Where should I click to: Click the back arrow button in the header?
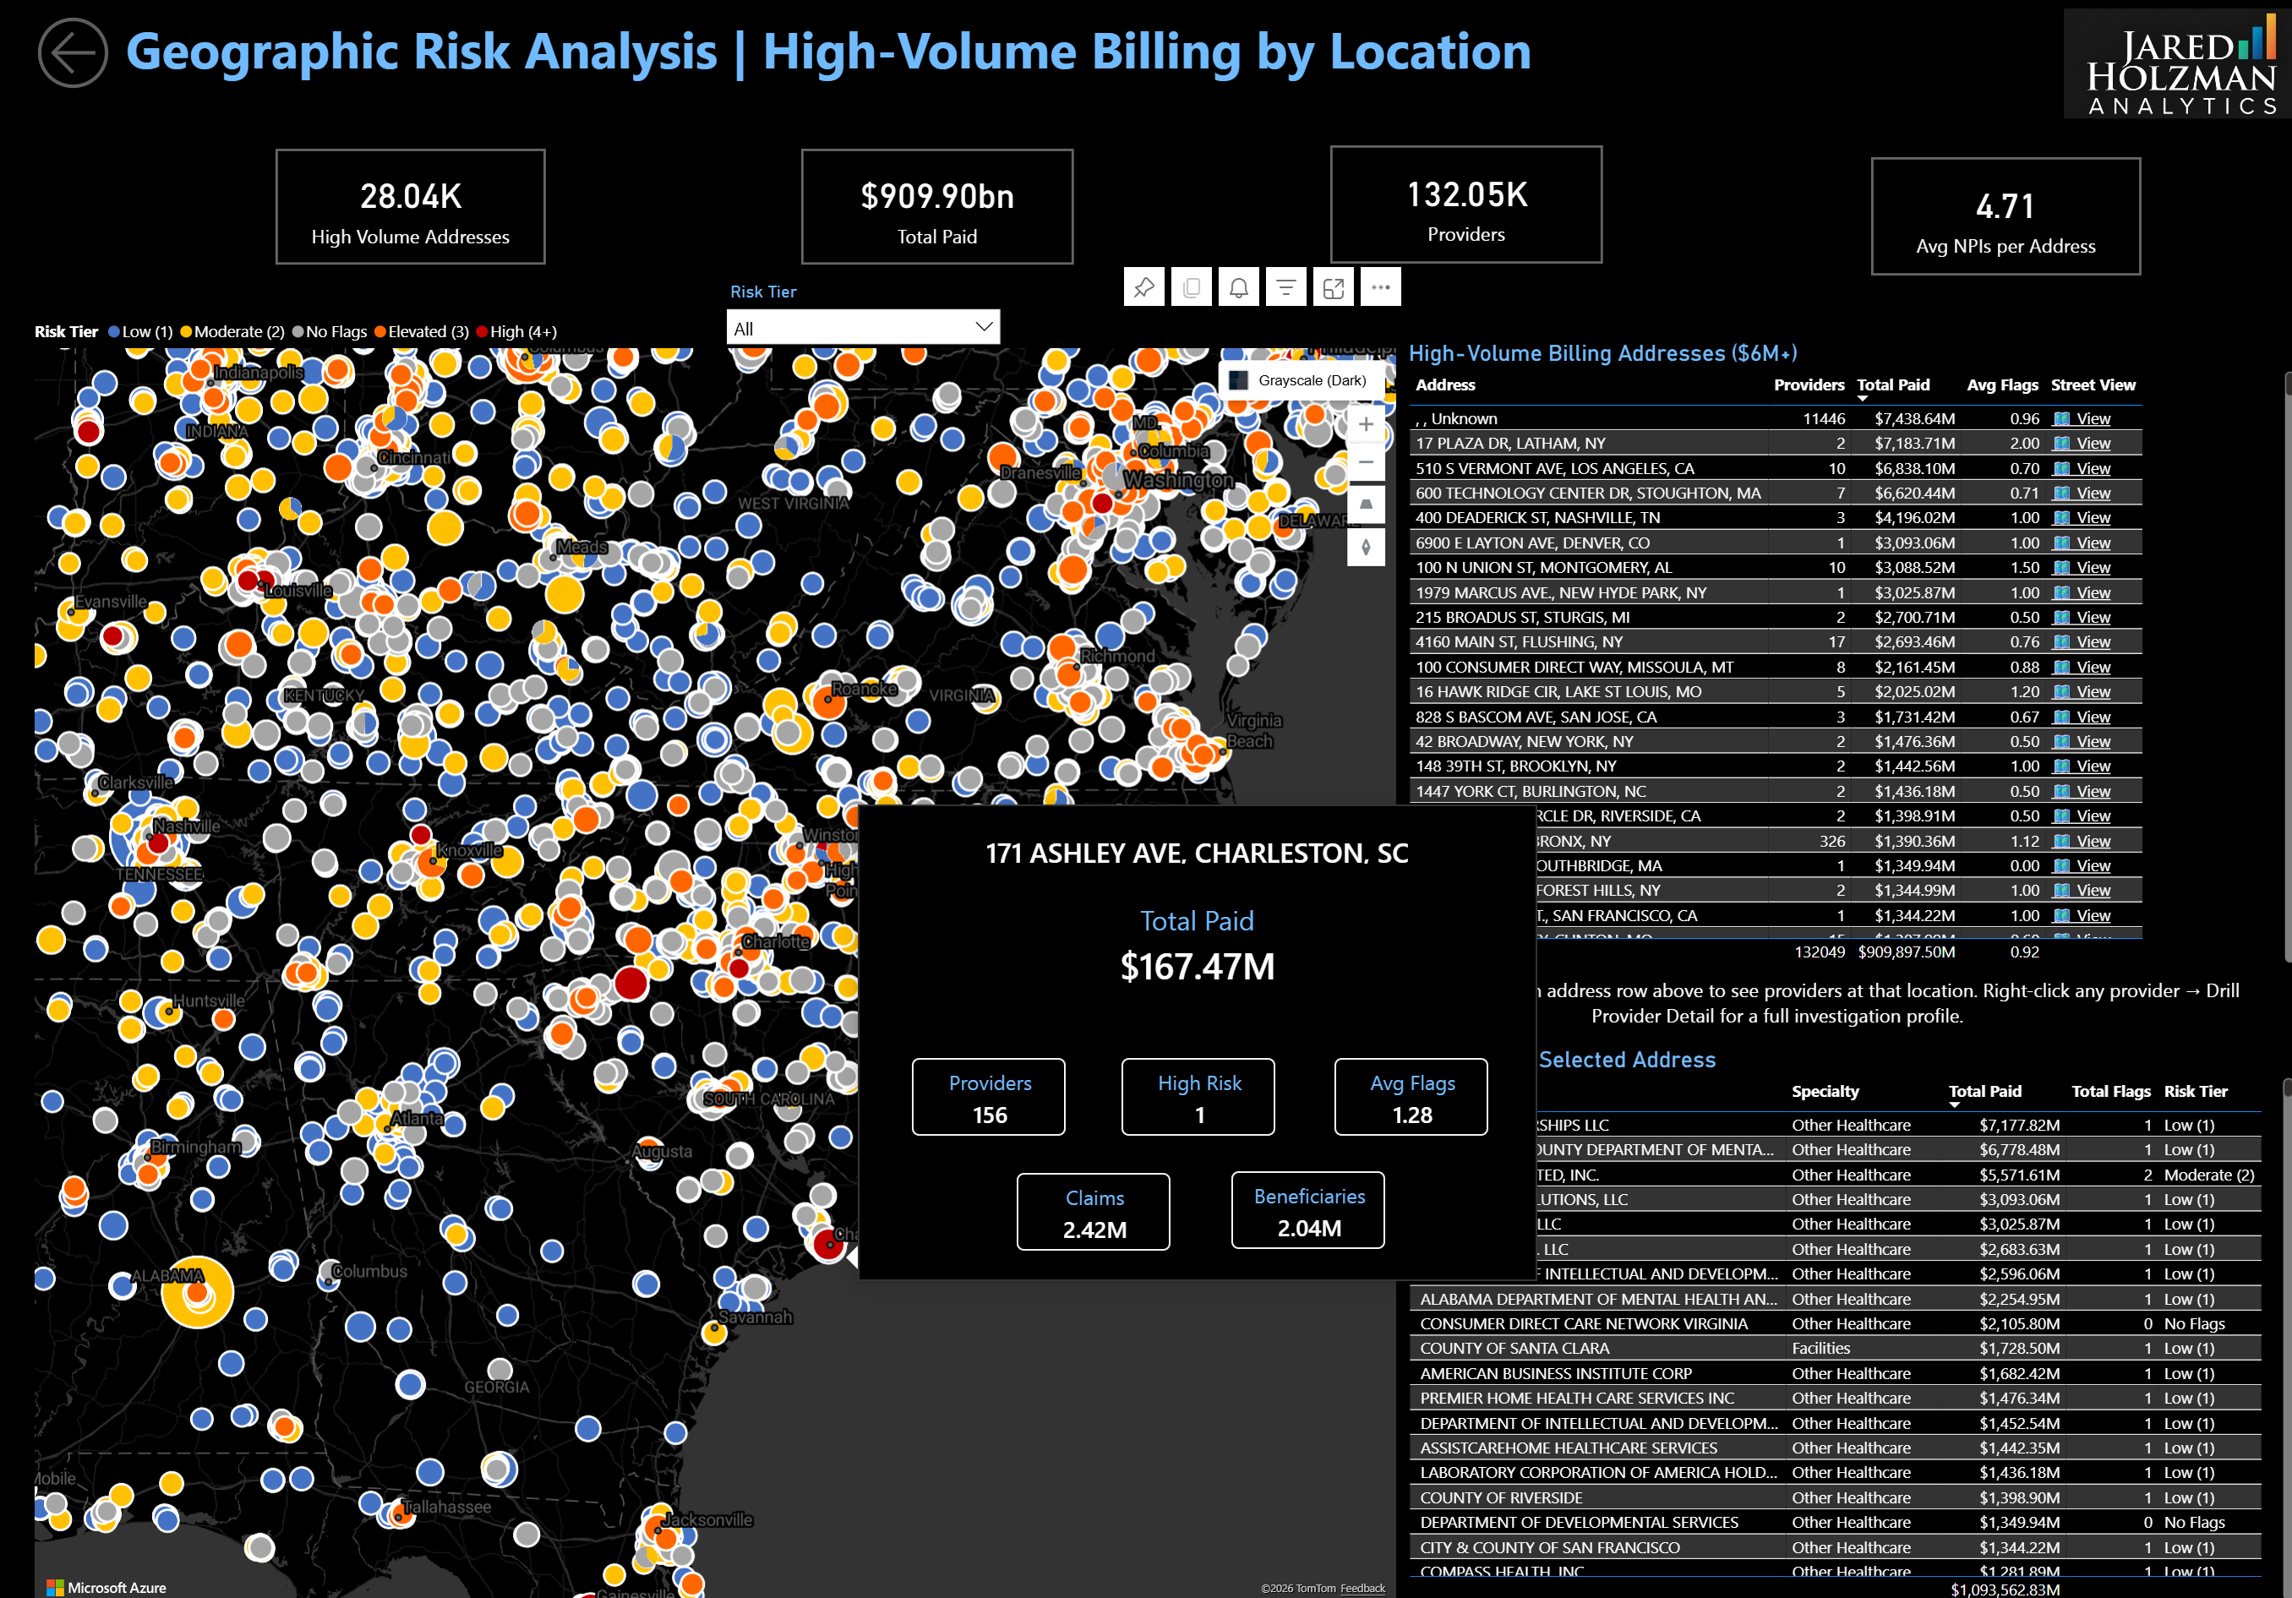pos(73,53)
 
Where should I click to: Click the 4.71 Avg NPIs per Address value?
pos(2005,206)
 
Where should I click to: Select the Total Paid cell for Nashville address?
pos(1913,518)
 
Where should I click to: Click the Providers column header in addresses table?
pos(1808,385)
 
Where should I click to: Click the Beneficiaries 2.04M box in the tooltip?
pos(1307,1211)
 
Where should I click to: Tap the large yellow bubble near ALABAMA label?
pos(197,1291)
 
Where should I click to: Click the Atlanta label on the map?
pos(417,1119)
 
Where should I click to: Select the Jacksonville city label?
pos(707,1520)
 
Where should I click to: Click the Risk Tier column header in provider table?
pos(2194,1092)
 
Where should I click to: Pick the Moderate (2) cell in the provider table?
pos(2208,1175)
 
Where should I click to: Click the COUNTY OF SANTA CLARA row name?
pos(1514,1349)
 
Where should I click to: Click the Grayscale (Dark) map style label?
pos(1312,380)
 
